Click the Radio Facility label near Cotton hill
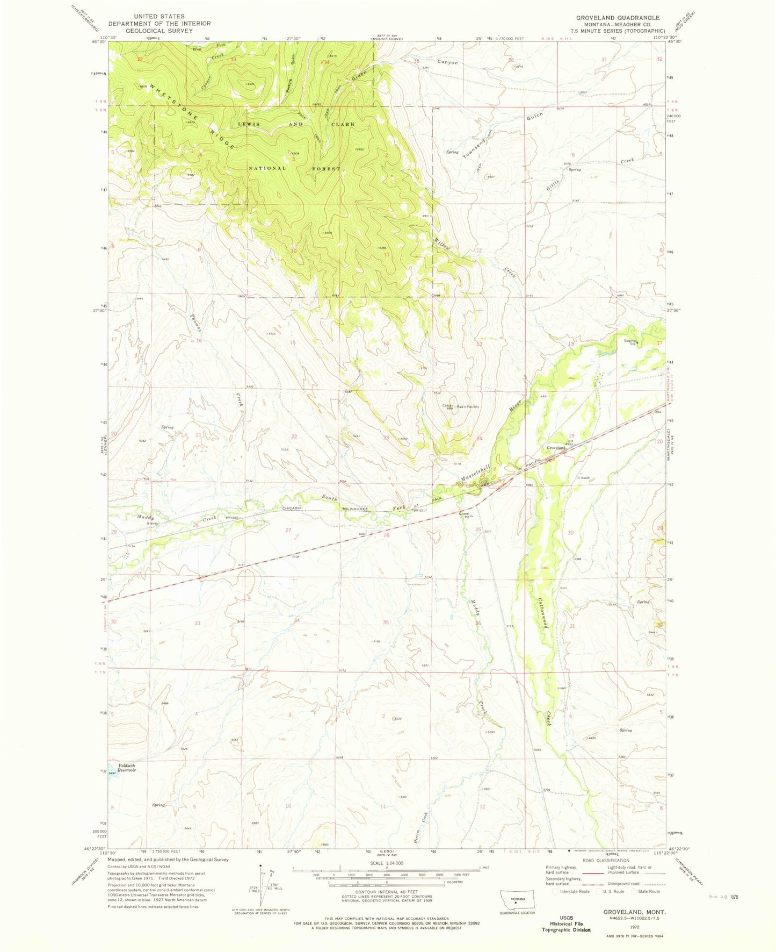tap(467, 407)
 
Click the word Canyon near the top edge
tap(447, 62)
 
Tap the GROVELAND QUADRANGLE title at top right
tap(618, 17)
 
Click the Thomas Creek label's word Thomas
tap(195, 323)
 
